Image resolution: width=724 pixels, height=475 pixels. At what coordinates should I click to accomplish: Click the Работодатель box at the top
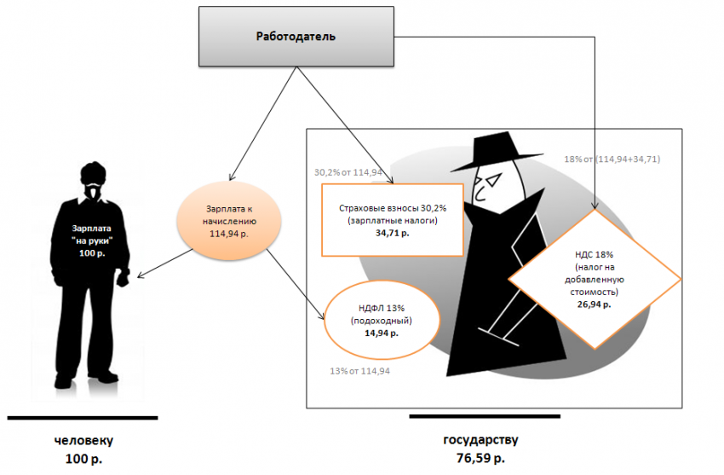click(296, 37)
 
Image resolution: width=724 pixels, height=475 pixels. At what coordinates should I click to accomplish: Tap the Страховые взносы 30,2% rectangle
click(392, 219)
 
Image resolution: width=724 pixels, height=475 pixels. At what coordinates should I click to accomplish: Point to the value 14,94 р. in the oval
click(381, 333)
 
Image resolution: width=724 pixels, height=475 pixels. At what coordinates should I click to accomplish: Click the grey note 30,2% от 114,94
click(350, 171)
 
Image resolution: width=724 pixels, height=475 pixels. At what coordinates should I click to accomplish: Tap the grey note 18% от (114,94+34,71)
click(612, 159)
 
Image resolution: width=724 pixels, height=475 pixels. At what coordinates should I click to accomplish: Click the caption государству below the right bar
click(480, 440)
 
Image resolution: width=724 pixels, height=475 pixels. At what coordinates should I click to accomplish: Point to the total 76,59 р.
click(480, 458)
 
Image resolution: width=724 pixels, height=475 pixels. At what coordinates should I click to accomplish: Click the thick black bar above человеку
click(83, 418)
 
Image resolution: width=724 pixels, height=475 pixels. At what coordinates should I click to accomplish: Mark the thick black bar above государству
click(485, 416)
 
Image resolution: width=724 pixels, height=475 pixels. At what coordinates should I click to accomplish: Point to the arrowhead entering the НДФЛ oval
click(324, 319)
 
